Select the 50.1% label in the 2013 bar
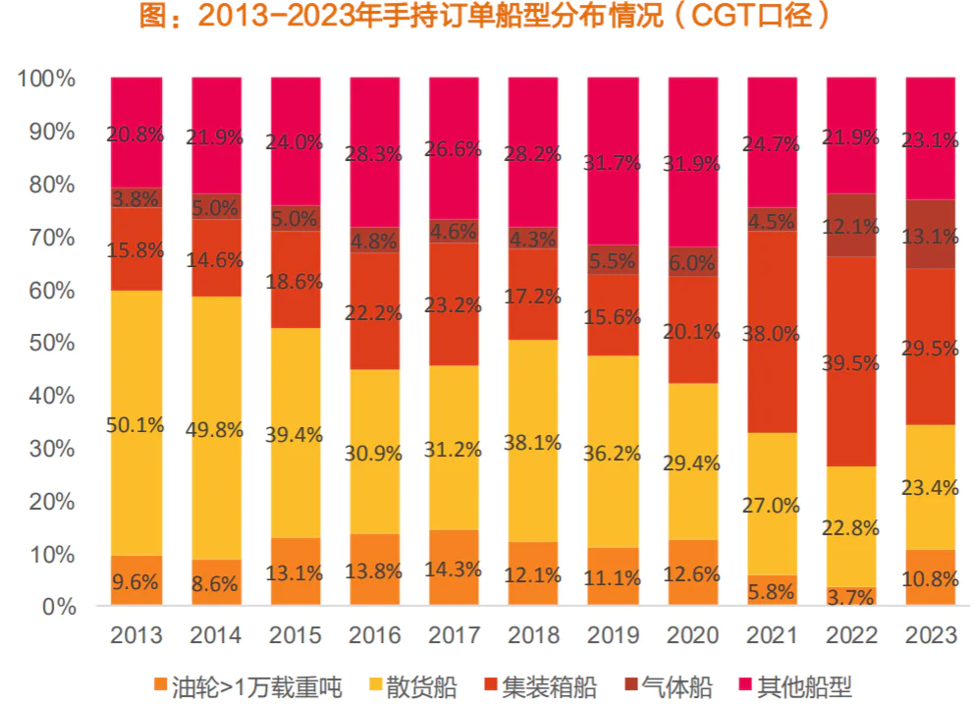coord(136,425)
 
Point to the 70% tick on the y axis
coord(47,237)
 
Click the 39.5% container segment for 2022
coord(852,362)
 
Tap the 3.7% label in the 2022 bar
coord(852,594)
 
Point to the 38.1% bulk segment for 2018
coord(534,442)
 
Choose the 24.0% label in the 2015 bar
coord(295,141)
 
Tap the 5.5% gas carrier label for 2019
coord(614,262)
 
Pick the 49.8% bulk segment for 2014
coord(216,428)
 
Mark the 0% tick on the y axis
coord(57,607)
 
